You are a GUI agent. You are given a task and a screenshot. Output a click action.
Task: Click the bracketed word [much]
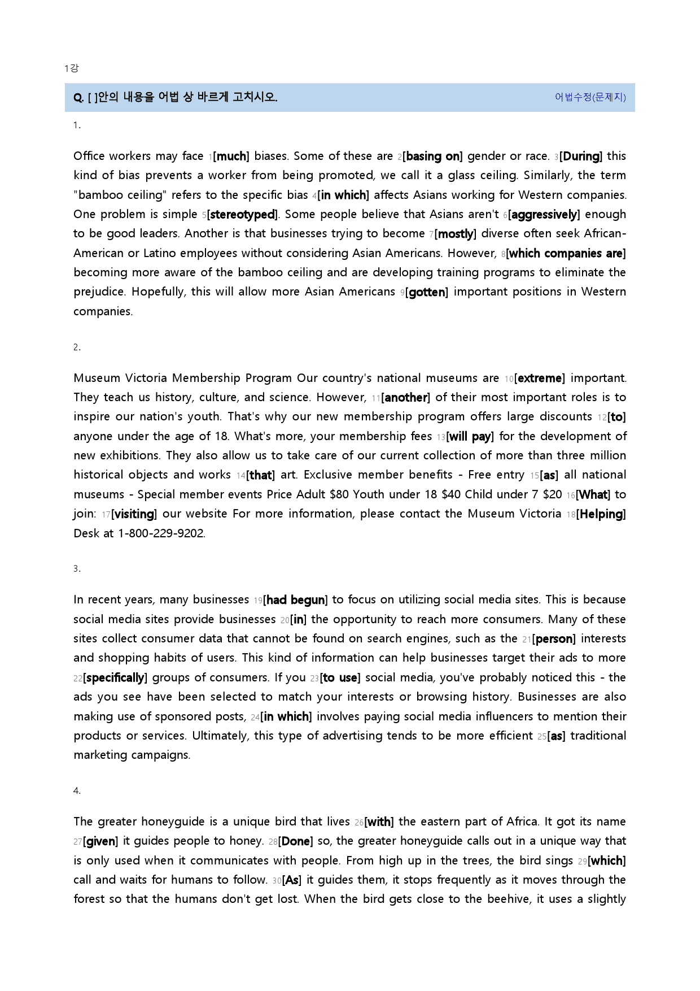click(231, 157)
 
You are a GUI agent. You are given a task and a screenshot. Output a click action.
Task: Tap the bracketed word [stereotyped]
click(243, 215)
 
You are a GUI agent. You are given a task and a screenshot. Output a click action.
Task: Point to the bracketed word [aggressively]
click(544, 215)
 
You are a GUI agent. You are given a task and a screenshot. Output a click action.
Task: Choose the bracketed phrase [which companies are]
click(566, 254)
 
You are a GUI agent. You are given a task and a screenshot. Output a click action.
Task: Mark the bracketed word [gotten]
click(427, 292)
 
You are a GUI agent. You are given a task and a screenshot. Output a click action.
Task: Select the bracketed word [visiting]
click(134, 514)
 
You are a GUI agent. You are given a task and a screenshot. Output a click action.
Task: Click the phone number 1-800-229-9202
click(161, 533)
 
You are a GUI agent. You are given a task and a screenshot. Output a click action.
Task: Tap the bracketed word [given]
click(101, 841)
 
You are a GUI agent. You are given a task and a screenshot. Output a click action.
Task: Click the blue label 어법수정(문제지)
click(590, 97)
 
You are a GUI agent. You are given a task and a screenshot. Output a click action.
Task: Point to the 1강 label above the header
click(71, 68)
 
